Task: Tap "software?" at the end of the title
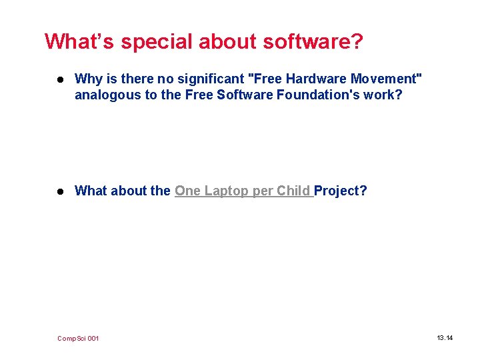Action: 313,42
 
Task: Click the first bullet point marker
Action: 61,79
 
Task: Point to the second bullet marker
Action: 61,191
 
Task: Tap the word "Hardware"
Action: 314,79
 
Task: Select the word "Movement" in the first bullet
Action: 386,79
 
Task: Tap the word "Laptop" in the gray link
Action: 227,191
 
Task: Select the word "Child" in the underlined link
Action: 293,191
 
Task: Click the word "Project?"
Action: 341,191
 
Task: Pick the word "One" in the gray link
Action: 187,191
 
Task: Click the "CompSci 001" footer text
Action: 78,339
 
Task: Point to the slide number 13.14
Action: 445,338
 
